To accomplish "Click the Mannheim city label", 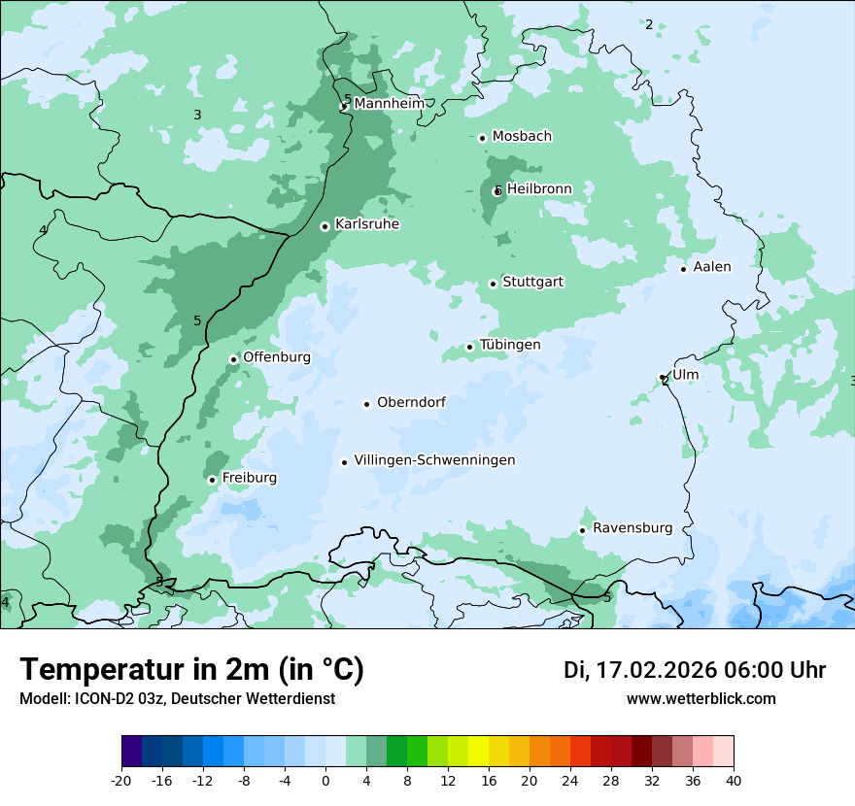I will point(389,103).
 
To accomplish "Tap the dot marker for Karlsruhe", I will point(325,226).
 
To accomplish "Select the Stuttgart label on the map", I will point(532,282).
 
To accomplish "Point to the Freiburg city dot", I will point(212,480).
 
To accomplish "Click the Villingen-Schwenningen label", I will point(434,460).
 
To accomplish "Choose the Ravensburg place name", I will point(633,528).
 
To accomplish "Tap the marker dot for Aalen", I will point(683,269).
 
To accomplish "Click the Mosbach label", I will point(522,136).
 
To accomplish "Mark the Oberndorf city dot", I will point(366,404).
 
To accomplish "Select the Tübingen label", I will point(510,345).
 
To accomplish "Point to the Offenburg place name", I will point(277,357).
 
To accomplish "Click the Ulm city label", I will point(685,375).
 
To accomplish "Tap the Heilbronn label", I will point(539,188).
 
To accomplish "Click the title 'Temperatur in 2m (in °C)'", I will point(191,669).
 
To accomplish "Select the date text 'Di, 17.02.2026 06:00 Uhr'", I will point(695,670).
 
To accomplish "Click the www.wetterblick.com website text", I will point(701,698).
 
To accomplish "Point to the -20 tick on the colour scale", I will point(121,781).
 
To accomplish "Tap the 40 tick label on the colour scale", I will point(733,781).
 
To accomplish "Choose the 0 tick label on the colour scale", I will point(325,781).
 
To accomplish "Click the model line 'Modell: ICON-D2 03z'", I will point(177,698).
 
